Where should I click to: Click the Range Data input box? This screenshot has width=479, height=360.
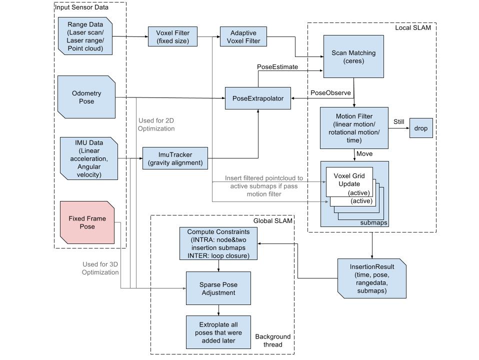click(85, 36)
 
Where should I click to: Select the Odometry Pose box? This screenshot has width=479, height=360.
click(86, 97)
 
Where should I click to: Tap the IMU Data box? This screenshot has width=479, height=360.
click(88, 158)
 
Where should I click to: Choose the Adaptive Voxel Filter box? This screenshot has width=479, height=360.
click(243, 37)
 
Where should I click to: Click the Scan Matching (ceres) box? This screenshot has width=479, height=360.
click(353, 56)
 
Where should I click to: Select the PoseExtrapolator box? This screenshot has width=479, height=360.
click(257, 98)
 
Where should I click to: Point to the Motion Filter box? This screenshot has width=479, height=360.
click(353, 127)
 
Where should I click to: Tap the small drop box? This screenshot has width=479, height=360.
click(421, 128)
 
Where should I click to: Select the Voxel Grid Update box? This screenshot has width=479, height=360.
click(349, 180)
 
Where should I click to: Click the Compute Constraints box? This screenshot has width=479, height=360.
click(218, 244)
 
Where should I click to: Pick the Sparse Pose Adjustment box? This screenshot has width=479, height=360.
click(218, 288)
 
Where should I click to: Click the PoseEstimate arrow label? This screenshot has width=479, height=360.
click(277, 66)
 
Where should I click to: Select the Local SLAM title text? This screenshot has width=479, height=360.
click(412, 27)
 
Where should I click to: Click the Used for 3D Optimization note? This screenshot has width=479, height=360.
click(100, 268)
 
